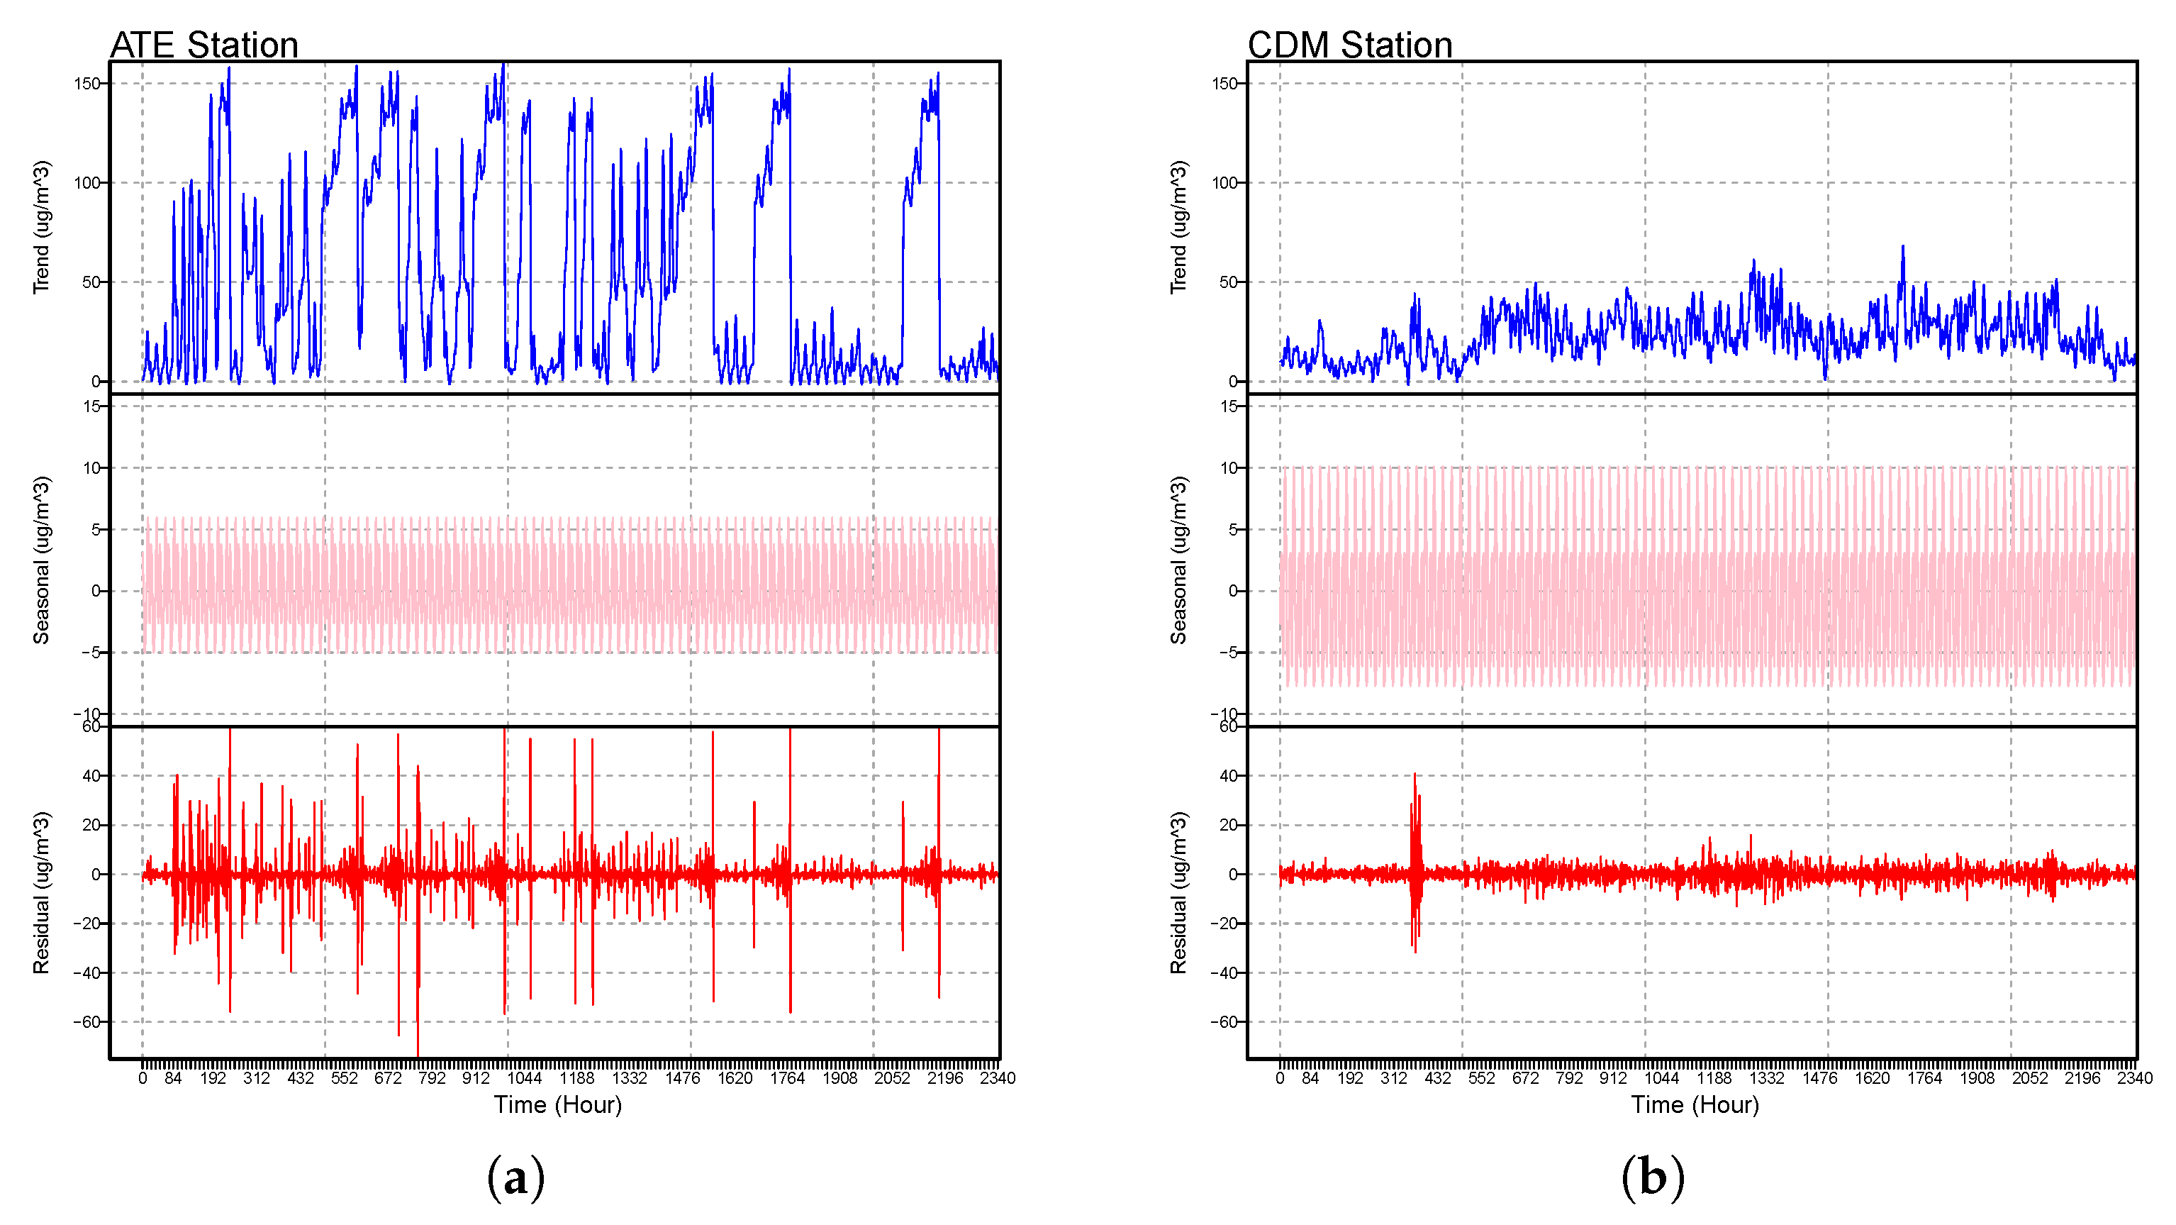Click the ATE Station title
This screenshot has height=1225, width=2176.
pyautogui.click(x=203, y=45)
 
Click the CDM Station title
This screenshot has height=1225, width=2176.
pyautogui.click(x=1349, y=45)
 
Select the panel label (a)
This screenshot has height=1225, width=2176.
pyautogui.click(x=515, y=1177)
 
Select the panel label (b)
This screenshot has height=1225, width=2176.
pyautogui.click(x=1652, y=1177)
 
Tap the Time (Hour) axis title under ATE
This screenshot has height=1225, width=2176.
pyautogui.click(x=557, y=1104)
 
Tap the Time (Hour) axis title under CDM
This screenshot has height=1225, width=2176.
pyautogui.click(x=1695, y=1104)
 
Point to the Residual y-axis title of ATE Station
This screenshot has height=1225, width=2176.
pyautogui.click(x=41, y=892)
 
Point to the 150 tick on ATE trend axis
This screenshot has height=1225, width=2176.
pyautogui.click(x=87, y=84)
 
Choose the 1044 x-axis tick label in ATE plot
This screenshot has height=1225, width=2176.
pyautogui.click(x=524, y=1078)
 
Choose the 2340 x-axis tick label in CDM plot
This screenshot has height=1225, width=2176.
pyautogui.click(x=2135, y=1078)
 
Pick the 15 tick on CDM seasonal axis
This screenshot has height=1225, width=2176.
pyautogui.click(x=1228, y=406)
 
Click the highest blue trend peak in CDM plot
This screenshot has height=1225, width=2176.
pyautogui.click(x=1903, y=248)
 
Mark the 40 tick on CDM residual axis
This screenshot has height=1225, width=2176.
pyautogui.click(x=1228, y=775)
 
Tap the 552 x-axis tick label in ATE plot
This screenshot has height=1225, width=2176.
pyautogui.click(x=344, y=1078)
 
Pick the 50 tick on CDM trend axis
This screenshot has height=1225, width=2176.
pyautogui.click(x=1228, y=282)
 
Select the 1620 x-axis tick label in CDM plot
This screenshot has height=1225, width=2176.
pyautogui.click(x=1872, y=1078)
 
